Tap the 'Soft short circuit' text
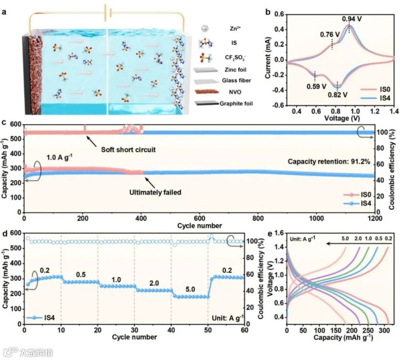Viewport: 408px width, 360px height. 128,150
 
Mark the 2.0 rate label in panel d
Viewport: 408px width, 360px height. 153,281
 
